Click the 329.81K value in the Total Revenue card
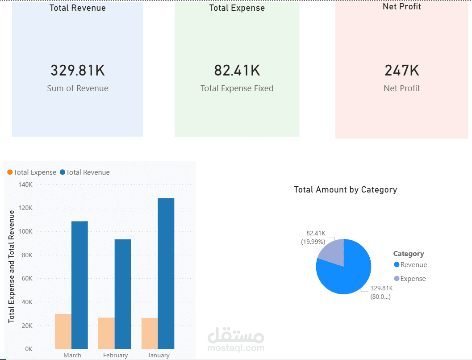(78, 71)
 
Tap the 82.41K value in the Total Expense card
(237, 71)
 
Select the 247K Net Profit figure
(402, 71)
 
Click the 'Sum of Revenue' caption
(78, 88)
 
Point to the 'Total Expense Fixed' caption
(237, 88)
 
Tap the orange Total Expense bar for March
(63, 331)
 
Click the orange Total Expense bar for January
(150, 333)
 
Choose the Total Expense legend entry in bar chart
(32, 172)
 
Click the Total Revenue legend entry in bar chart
(85, 172)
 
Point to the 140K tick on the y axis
(25, 184)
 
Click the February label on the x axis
(115, 356)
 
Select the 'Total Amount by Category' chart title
(345, 190)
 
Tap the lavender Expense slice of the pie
(333, 253)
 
